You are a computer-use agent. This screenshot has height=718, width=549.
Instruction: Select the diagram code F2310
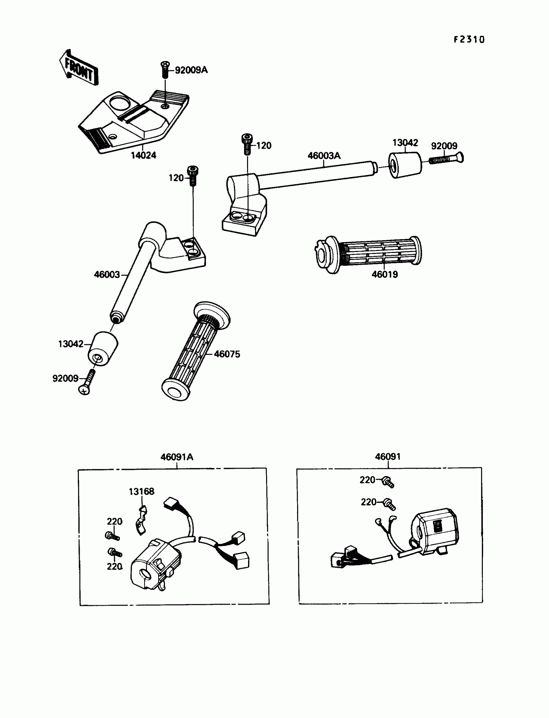point(469,39)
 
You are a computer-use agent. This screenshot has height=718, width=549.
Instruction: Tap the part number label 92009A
point(191,70)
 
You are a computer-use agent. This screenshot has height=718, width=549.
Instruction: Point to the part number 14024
point(143,155)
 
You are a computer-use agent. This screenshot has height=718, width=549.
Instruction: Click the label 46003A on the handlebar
point(324,156)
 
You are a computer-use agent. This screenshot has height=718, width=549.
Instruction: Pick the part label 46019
point(385,275)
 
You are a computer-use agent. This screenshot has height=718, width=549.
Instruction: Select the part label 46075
point(227,354)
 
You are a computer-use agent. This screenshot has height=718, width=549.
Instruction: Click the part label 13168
point(141,492)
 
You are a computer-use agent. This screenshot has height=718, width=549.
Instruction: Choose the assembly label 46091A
point(176,457)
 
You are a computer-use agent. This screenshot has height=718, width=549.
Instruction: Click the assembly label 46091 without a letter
point(388,457)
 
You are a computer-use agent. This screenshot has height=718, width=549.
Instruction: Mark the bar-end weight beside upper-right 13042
point(405,165)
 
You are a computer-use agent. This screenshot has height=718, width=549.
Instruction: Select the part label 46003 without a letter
point(107,275)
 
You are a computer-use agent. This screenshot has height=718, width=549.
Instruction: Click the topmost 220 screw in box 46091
point(388,482)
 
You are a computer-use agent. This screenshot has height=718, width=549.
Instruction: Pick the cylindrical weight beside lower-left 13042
point(103,349)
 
